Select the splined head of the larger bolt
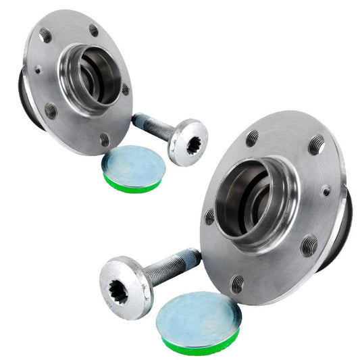pyautogui.click(x=125, y=288)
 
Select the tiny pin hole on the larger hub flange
pyautogui.click(x=326, y=191)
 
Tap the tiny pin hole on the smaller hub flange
pyautogui.click(x=38, y=69)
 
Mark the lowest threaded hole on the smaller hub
pyautogui.click(x=104, y=140)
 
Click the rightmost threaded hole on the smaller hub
pyautogui.click(x=125, y=89)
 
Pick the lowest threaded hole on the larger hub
pyautogui.click(x=237, y=284)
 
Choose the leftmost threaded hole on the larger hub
pyautogui.click(x=209, y=217)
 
